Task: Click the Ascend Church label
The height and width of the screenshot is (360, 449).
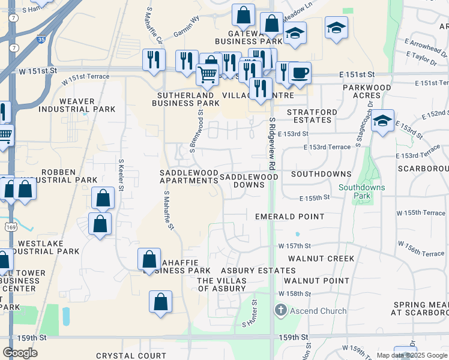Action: point(318,311)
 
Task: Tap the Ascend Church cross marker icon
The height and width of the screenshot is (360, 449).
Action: point(280,310)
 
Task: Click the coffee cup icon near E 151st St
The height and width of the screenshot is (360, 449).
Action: point(300,73)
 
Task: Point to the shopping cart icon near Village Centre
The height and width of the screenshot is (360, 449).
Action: point(207,74)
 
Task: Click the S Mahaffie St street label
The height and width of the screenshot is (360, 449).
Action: point(169,211)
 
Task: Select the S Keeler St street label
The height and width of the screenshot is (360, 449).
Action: point(121,175)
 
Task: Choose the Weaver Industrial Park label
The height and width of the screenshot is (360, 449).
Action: point(67,104)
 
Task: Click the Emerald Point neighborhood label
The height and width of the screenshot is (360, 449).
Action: point(289,216)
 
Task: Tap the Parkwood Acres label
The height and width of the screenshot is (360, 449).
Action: point(367,92)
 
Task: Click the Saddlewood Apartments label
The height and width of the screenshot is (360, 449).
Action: point(188,176)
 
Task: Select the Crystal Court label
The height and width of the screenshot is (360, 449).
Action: point(131,356)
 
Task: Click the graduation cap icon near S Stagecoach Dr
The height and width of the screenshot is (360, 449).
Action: point(382,121)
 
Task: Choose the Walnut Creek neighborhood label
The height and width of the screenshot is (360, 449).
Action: point(321,259)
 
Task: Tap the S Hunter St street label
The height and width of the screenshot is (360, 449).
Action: point(250,314)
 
